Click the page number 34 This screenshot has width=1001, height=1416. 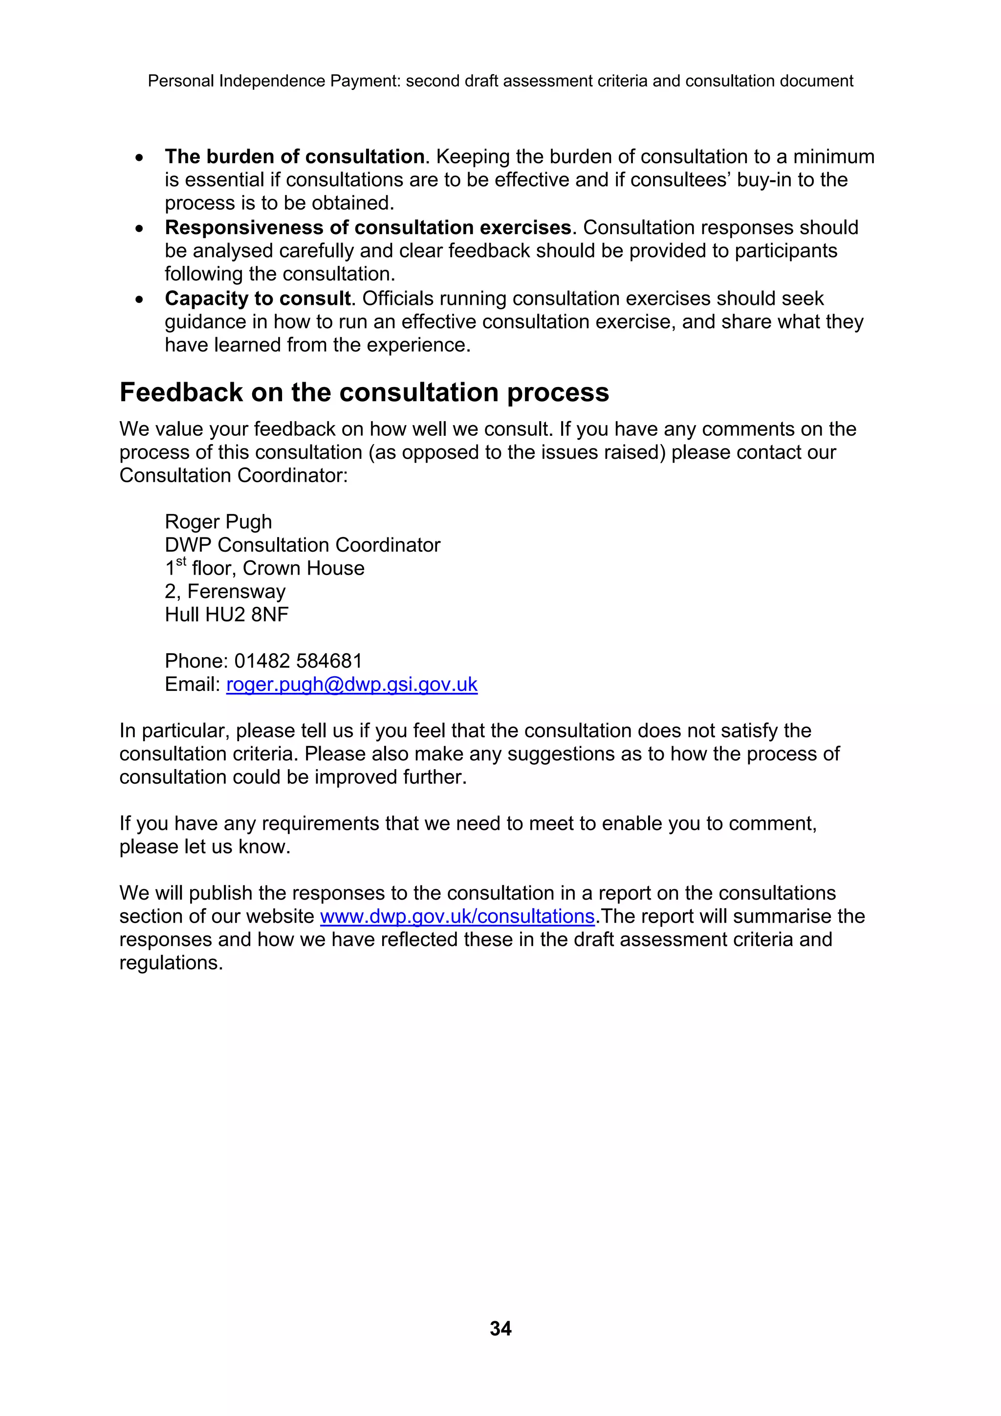(500, 1328)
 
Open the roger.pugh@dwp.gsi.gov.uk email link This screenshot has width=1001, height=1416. (351, 685)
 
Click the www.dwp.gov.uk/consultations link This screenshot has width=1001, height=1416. (457, 917)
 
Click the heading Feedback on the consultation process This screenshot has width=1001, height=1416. (364, 393)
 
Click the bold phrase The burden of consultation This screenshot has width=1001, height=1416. (294, 157)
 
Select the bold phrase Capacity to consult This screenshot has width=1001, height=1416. (257, 299)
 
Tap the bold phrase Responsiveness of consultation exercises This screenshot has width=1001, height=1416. (368, 228)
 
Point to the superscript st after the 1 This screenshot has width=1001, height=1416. (181, 562)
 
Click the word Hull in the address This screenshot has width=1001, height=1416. (182, 615)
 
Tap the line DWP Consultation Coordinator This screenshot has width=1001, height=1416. (302, 545)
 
